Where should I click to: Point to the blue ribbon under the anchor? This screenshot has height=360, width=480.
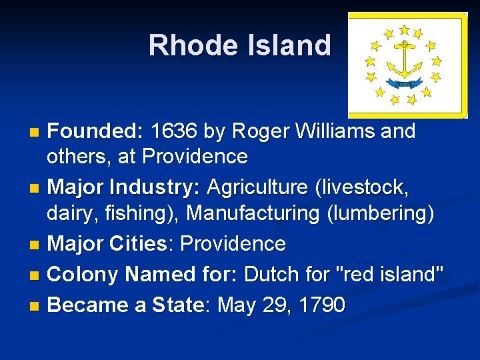pos(405,83)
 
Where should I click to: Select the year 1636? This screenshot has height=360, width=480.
pos(175,131)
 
